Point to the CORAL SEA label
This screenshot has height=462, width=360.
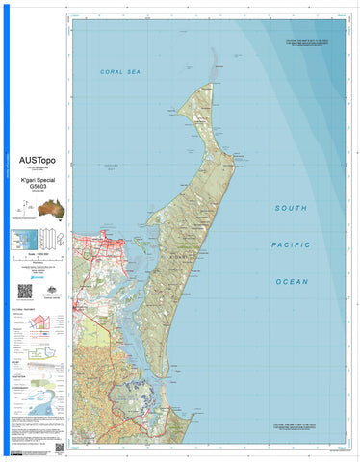tap(120, 73)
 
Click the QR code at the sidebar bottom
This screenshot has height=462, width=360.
tap(60, 448)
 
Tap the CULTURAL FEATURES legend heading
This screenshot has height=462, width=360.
tap(24, 307)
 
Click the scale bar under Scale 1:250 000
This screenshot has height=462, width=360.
tap(37, 261)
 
